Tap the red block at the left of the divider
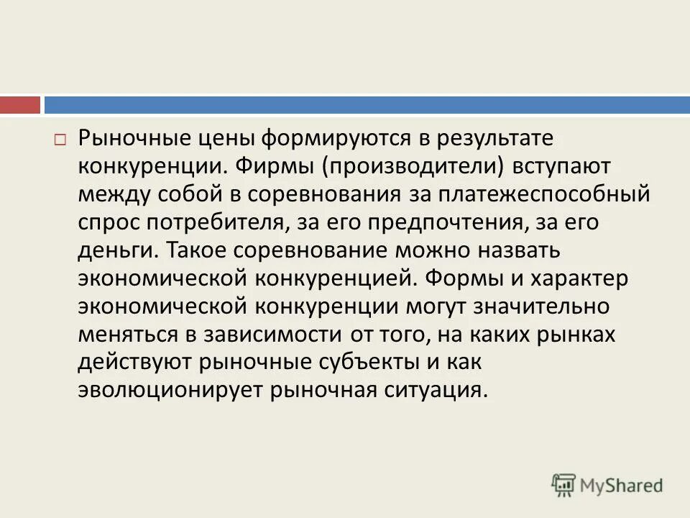pos(20,105)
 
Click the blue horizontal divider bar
pos(367,105)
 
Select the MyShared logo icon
pos(563,485)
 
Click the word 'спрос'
pos(106,222)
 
